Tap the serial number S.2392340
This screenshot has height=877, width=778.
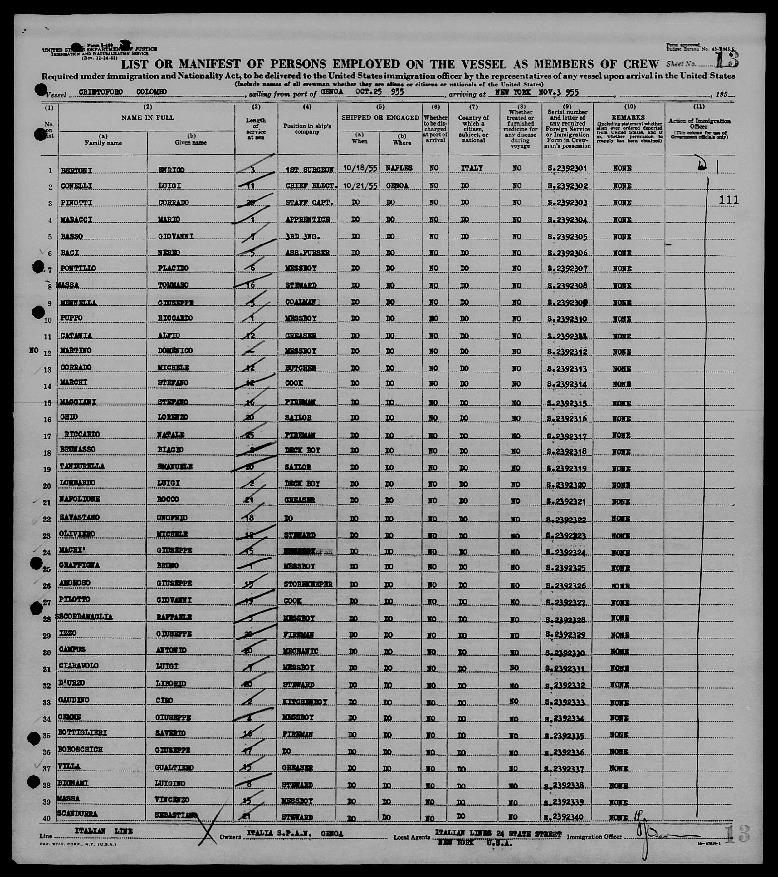click(x=566, y=818)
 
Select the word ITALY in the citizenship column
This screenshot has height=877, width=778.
click(x=472, y=168)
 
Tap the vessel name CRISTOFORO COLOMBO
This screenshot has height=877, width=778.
click(x=123, y=92)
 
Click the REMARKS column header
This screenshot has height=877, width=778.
click(x=628, y=117)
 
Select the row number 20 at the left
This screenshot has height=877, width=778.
click(x=47, y=486)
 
